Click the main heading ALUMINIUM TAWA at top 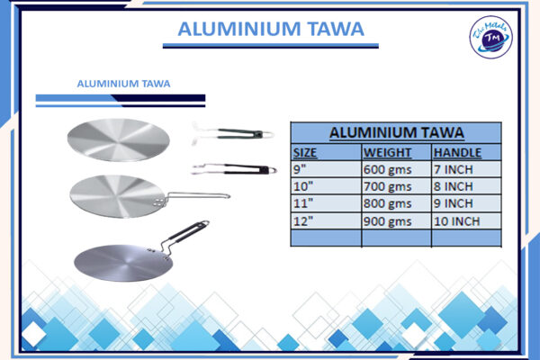coord(271,29)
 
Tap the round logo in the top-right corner coord(491,39)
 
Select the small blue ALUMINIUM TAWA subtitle coord(124,84)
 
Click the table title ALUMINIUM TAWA coord(396,132)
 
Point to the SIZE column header coord(308,152)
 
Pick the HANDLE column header coord(457,152)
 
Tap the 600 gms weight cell coord(387,169)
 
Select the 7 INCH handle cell coord(454,169)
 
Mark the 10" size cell coord(303,186)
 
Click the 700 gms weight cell coord(387,186)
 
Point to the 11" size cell coord(303,203)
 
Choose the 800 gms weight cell coord(387,203)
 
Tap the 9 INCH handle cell coord(454,203)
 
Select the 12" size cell coord(303,220)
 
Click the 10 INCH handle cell coord(457,220)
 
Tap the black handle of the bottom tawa coord(191,236)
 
